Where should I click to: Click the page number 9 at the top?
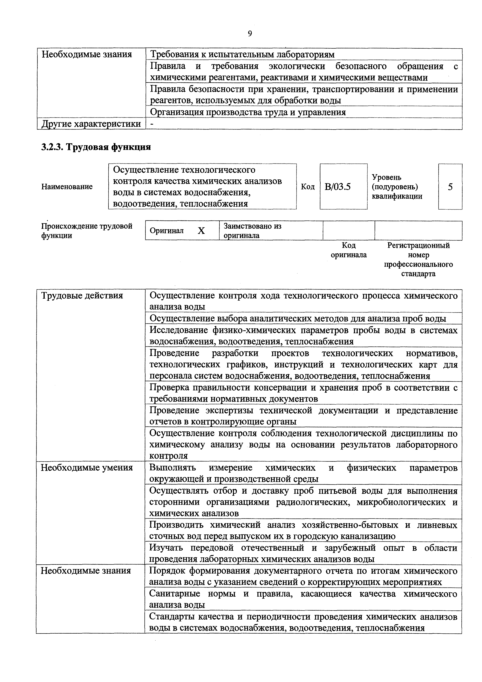tap(250, 34)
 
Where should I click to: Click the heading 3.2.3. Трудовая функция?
tap(96, 147)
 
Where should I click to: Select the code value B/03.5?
tap(338, 187)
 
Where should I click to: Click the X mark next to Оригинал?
tap(201, 231)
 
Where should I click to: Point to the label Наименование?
tap(67, 187)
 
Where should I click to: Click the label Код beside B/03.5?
tap(308, 187)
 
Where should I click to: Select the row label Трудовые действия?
tap(82, 296)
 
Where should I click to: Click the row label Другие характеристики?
tap(91, 124)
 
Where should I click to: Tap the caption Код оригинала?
tap(349, 250)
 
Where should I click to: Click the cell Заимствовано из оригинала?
tap(252, 231)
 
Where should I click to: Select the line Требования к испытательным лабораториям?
tap(242, 54)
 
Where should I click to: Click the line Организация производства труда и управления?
tap(248, 112)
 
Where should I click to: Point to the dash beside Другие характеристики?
tap(152, 124)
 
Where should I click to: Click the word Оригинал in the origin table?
tap(167, 231)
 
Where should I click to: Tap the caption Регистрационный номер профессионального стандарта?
tap(418, 260)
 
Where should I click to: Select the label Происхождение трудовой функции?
tap(86, 231)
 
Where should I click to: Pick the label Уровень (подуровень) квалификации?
tap(397, 187)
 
